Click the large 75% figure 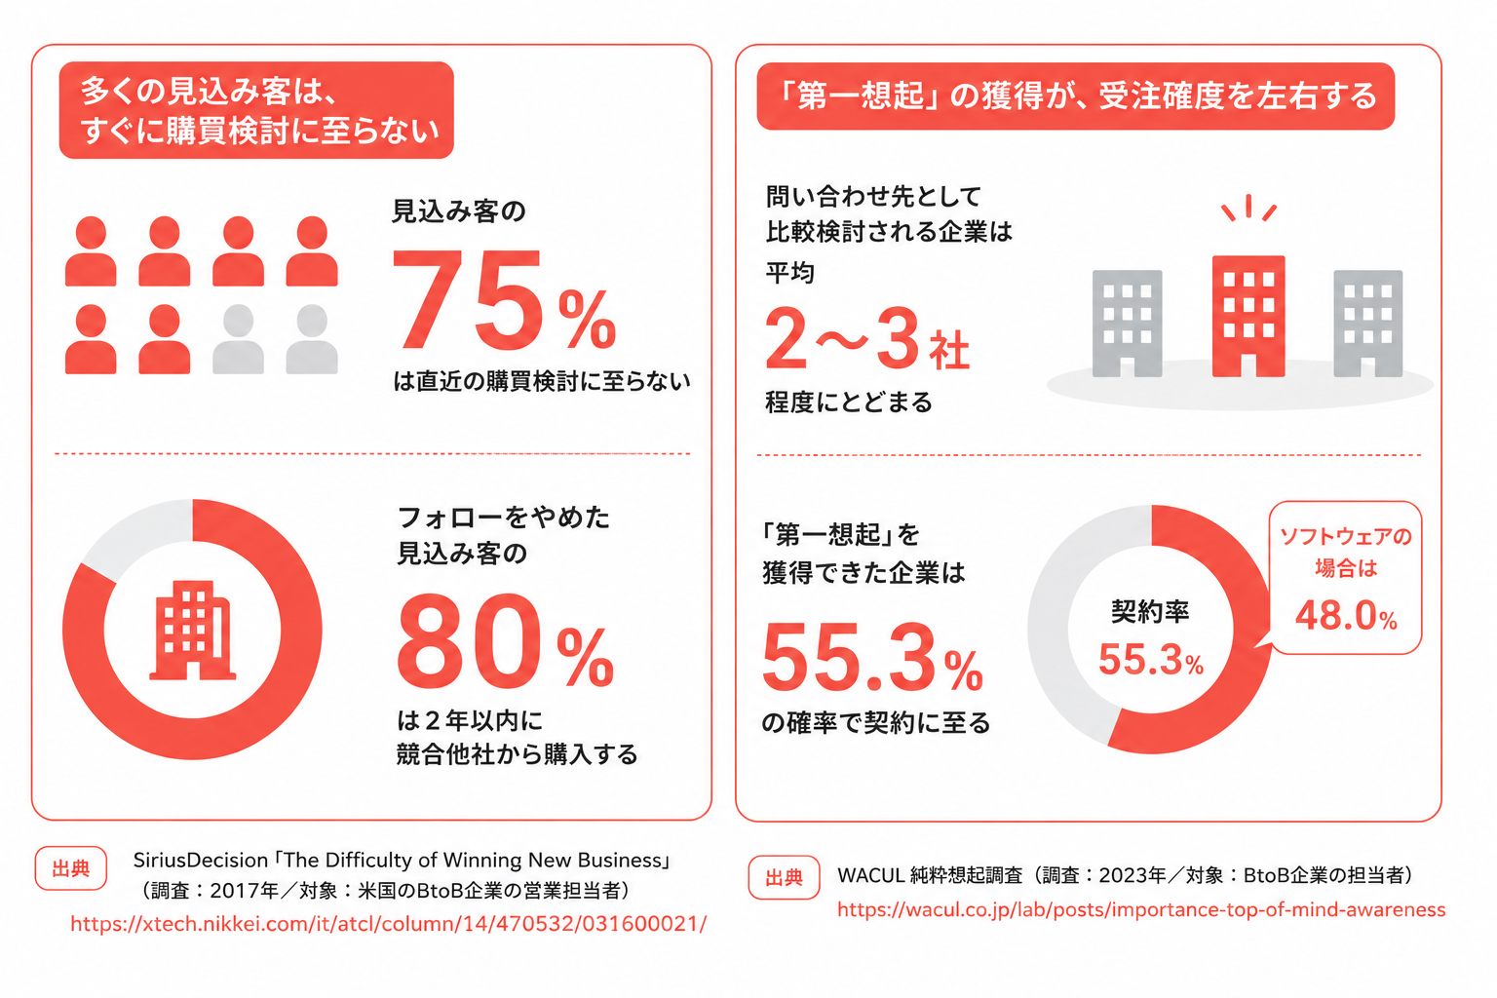pos(504,300)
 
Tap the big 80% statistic pos(505,641)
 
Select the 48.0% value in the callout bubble pos(1346,615)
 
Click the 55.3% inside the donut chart pos(1151,659)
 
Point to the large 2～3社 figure pos(866,339)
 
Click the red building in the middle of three pos(1248,316)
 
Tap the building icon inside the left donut pos(192,631)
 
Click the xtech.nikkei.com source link pos(388,924)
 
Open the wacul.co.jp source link pos(1141,909)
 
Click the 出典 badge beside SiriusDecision pos(71,868)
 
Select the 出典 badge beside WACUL pos(784,877)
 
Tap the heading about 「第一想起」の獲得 pos(1075,96)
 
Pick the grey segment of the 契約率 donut pos(1056,615)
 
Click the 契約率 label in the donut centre pos(1149,611)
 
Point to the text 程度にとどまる pos(848,402)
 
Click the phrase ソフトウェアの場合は pos(1346,552)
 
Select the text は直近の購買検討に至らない pos(541,381)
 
